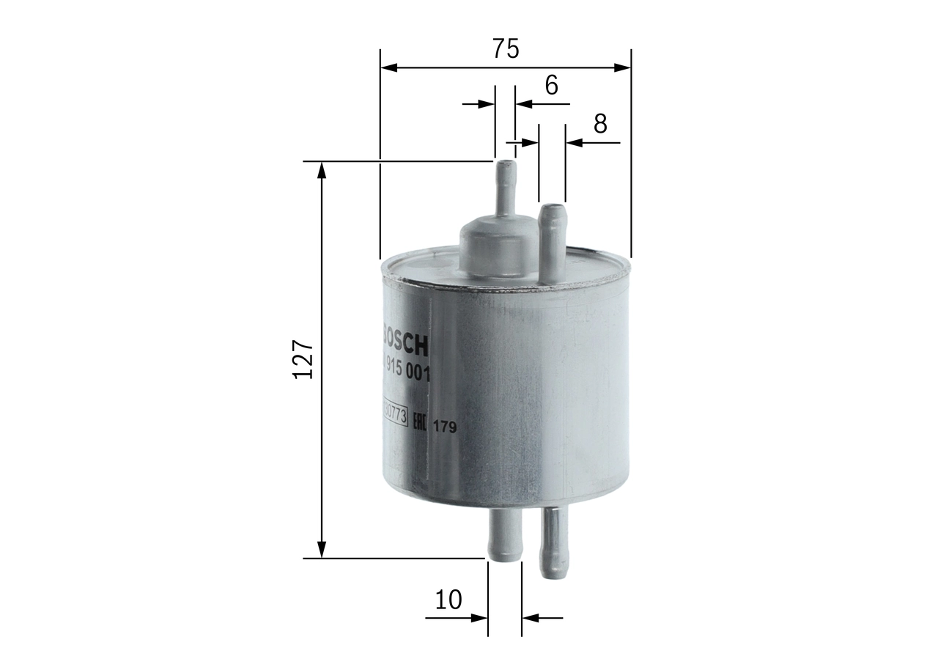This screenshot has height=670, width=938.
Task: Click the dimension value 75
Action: [506, 49]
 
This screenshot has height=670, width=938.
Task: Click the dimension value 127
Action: [303, 358]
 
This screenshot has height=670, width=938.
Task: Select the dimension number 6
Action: [551, 86]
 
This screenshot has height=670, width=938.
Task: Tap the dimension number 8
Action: [600, 124]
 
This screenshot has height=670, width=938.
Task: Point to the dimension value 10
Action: [448, 600]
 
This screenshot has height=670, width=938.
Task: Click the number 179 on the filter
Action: [444, 427]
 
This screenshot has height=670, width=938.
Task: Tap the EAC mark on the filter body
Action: [418, 423]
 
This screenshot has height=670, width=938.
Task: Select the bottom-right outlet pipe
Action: [554, 542]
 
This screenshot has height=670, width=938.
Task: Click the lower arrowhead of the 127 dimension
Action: [321, 549]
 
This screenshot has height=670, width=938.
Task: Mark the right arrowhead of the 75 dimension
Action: [622, 67]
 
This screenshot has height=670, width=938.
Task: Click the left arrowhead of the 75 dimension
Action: [389, 67]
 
